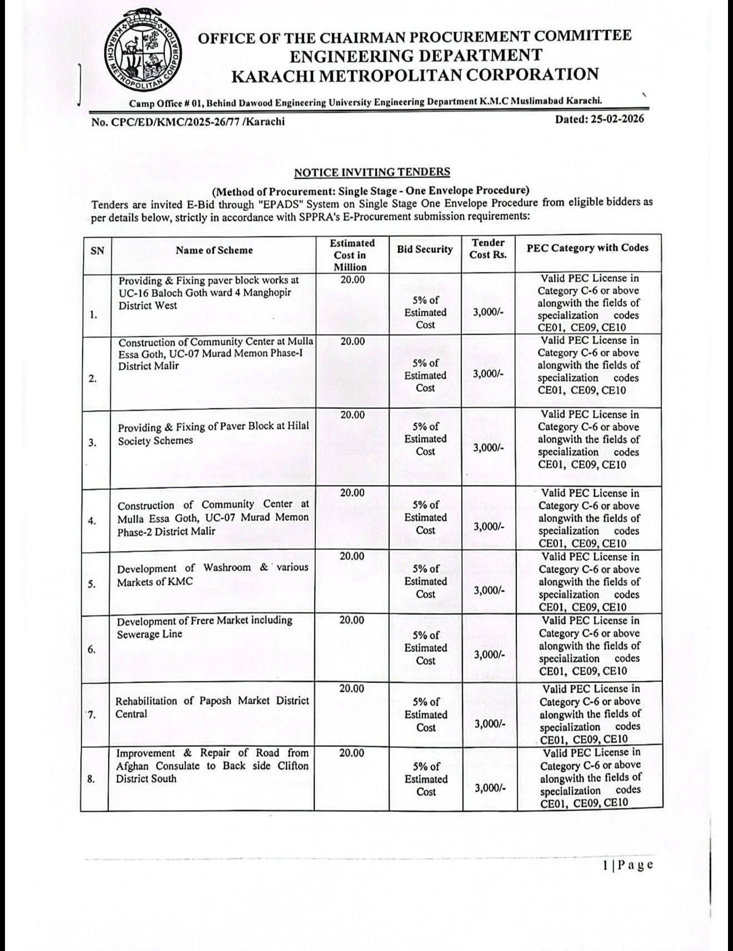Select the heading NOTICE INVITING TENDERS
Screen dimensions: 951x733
point(372,173)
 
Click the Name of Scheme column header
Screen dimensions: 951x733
point(214,250)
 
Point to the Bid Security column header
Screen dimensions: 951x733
point(425,250)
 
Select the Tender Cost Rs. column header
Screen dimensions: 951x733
point(488,249)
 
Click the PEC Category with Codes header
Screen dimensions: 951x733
point(588,248)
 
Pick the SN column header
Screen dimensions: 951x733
point(97,251)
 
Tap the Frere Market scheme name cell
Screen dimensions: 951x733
point(204,627)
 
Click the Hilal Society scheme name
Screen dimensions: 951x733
point(213,433)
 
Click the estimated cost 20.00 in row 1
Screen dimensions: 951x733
point(352,280)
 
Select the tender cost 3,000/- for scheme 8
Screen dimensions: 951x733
point(490,788)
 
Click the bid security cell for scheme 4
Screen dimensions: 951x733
point(425,517)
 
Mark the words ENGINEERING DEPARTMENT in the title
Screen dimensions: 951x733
point(416,55)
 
